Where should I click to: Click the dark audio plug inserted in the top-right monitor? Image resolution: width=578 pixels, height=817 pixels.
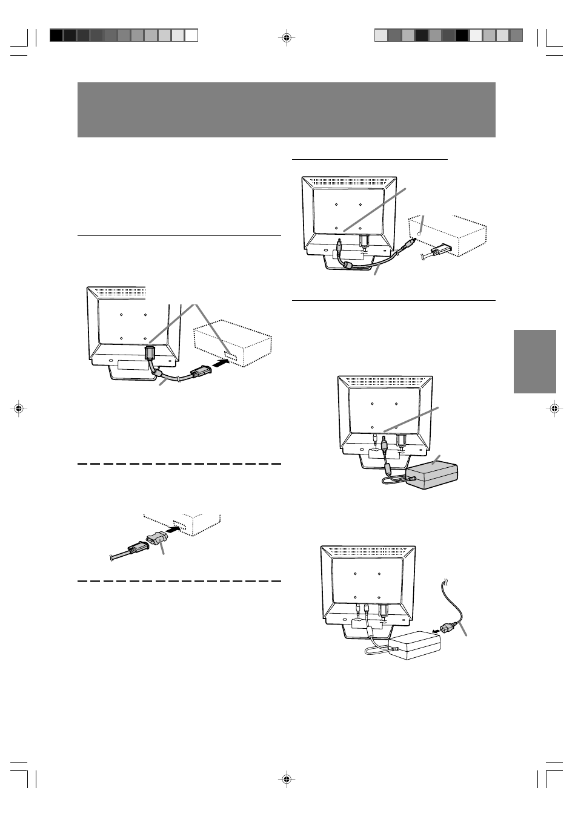(340, 247)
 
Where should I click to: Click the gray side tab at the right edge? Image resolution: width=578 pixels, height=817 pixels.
(535, 361)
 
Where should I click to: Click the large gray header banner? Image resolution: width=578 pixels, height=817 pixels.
(287, 110)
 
